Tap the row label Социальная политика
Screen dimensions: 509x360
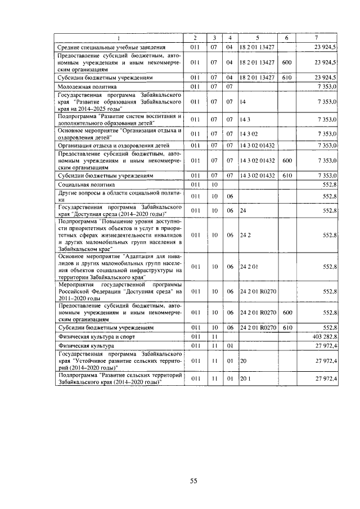point(86,184)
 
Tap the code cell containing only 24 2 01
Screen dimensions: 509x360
point(248,267)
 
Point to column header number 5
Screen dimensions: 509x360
point(256,38)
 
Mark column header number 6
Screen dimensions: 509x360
point(286,38)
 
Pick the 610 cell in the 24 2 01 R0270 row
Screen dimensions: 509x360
point(286,327)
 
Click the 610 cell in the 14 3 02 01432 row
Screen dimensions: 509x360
point(286,175)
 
